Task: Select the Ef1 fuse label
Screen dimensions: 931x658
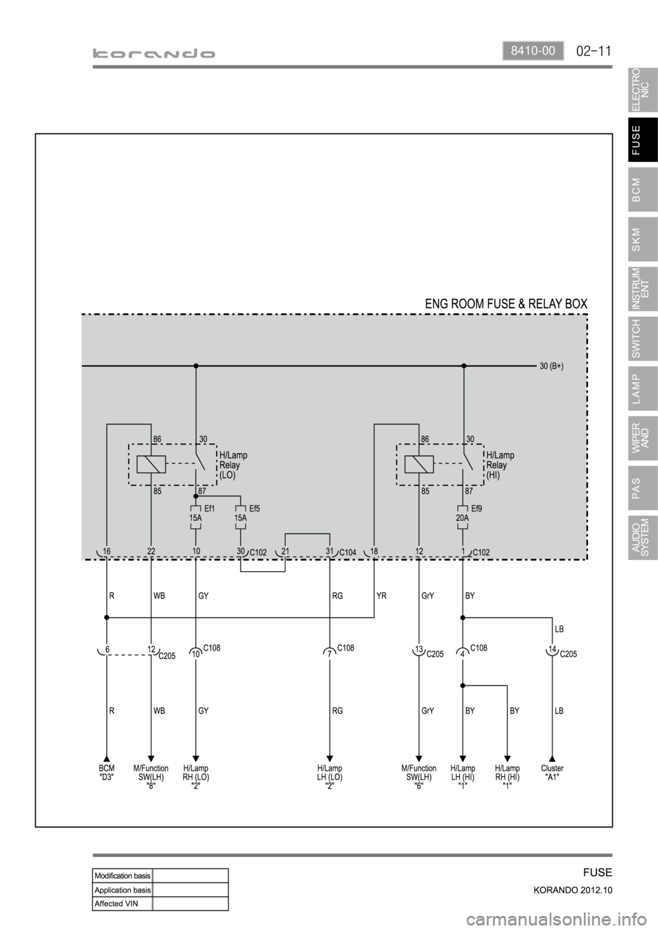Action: pos(210,509)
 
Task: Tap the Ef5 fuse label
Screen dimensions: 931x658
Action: pos(255,509)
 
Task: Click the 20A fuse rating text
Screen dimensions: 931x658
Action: pos(463,519)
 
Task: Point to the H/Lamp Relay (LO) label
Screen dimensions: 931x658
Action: pos(233,465)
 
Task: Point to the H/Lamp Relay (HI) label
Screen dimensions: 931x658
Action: pos(500,465)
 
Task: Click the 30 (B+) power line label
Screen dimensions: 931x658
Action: pos(552,366)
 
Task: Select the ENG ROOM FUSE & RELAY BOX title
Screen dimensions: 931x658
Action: pos(507,303)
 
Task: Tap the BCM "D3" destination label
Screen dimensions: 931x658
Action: pos(106,773)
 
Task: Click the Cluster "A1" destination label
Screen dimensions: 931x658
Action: pos(552,773)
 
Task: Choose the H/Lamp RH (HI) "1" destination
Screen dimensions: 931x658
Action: pos(507,777)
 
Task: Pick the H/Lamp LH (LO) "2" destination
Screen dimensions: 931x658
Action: pos(330,777)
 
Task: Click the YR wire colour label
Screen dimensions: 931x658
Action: pos(382,596)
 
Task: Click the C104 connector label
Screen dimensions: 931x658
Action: pos(349,553)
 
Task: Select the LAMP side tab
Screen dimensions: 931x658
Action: pos(642,388)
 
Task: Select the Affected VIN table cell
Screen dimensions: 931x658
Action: pos(122,903)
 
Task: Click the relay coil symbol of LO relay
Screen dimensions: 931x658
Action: pos(151,464)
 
